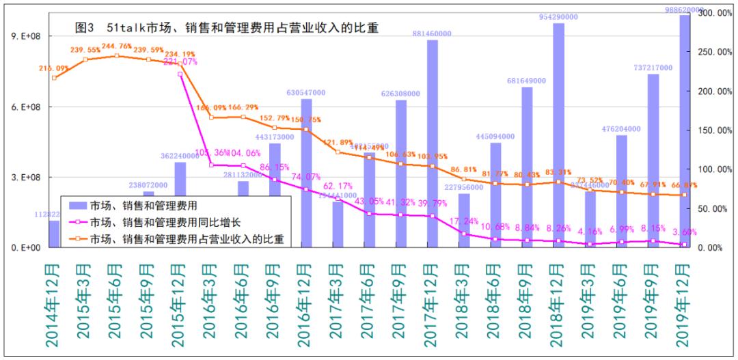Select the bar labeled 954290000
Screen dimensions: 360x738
point(558,137)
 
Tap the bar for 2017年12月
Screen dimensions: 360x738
point(432,143)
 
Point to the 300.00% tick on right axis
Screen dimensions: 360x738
point(713,13)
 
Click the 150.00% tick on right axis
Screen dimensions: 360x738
point(713,130)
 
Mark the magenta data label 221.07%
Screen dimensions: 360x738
point(180,62)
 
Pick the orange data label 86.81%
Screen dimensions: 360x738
point(464,169)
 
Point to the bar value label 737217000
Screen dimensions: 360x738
point(653,68)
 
